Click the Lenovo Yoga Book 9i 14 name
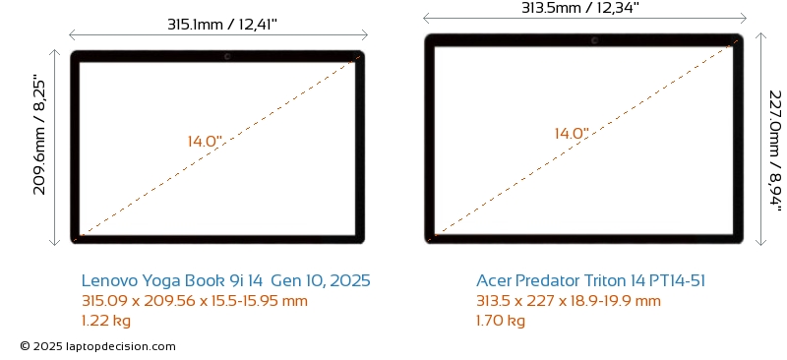[226, 280]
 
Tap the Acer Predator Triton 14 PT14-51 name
[591, 280]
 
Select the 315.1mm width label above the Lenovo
[222, 25]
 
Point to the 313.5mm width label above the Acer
[579, 8]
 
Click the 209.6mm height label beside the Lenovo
[39, 135]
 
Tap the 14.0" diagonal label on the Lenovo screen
[206, 141]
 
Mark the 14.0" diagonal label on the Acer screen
[572, 134]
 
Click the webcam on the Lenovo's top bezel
[227, 56]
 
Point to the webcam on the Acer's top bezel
[595, 40]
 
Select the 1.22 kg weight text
[106, 321]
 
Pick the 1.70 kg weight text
[501, 321]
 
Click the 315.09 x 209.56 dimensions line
[195, 301]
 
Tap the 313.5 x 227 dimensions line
[569, 301]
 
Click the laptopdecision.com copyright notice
[97, 346]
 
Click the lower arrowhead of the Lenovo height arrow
[55, 244]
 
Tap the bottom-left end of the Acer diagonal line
[435, 234]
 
